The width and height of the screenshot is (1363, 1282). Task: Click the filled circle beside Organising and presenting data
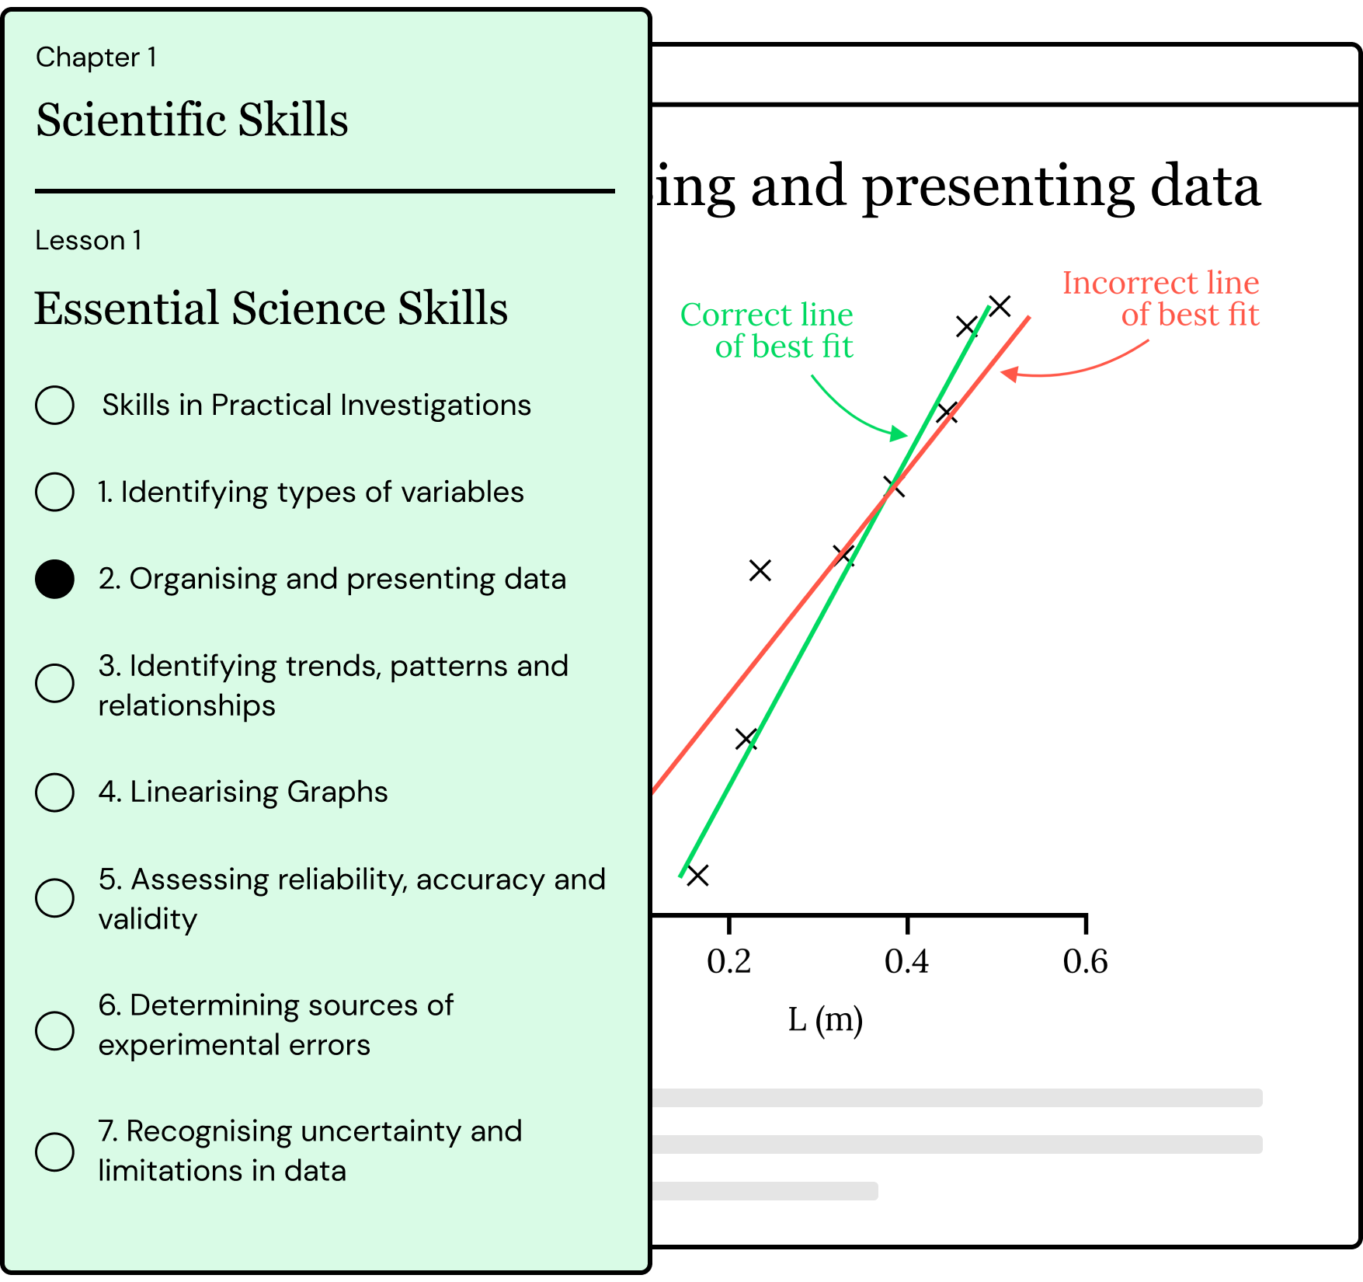54,579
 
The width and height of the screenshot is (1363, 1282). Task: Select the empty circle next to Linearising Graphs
54,792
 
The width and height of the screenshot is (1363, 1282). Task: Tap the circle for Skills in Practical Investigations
54,405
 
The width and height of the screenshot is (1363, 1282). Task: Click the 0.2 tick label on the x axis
728,962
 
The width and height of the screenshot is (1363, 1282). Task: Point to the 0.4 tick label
906,962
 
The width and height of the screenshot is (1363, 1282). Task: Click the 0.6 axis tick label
1085,962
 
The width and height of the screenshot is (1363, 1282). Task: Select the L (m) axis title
825,1019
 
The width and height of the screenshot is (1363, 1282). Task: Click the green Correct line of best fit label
767,330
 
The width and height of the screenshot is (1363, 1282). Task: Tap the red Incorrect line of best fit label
1160,298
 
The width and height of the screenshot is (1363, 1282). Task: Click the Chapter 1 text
96,57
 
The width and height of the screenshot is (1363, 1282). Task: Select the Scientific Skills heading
192,120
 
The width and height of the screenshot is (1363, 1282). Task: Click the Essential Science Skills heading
271,308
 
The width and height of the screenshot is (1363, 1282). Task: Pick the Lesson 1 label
89,241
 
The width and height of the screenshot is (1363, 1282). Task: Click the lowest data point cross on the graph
697,876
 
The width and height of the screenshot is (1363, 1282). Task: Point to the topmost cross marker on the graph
1000,306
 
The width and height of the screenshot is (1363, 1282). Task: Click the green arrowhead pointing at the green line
900,434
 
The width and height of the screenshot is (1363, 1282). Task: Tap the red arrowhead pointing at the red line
1009,374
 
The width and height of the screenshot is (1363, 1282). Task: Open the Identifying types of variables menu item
311,492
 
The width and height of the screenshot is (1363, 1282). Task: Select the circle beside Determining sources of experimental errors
54,1030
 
